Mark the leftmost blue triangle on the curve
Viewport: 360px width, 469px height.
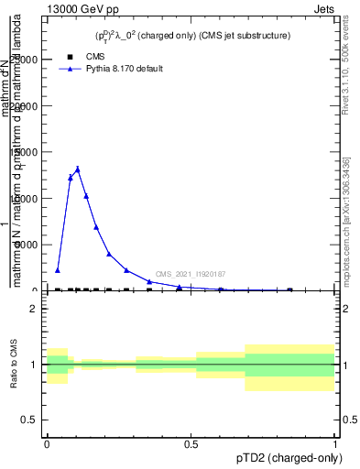point(58,270)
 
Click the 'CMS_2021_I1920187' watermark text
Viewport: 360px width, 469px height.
point(191,274)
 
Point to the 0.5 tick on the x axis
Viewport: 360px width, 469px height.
point(191,443)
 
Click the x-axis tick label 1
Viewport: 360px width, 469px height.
point(336,443)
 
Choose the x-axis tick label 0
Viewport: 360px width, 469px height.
point(48,443)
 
